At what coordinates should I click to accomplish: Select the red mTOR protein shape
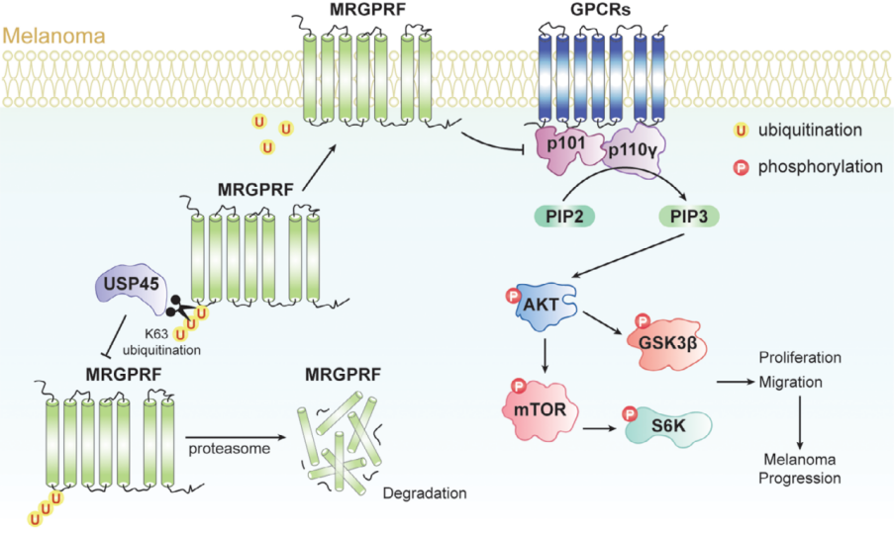540,410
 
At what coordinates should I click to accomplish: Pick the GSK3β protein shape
667,344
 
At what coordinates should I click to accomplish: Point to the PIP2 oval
564,217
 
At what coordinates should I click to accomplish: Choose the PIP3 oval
689,217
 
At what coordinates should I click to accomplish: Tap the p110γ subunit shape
634,150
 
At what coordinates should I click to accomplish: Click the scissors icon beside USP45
180,307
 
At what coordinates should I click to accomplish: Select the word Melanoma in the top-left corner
54,36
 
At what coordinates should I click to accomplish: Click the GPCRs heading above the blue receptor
600,10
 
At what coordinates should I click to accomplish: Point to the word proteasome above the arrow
230,449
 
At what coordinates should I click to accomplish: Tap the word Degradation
425,492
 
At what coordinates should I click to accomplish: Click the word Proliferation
800,358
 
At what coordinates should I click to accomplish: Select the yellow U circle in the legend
741,131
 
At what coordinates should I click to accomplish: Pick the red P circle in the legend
741,167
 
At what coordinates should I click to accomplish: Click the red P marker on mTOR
519,387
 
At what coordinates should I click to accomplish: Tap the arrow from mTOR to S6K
600,427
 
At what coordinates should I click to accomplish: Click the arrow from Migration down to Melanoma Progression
800,423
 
